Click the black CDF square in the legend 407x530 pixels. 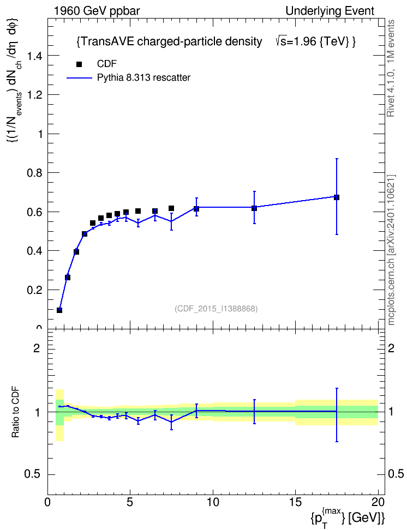(79, 64)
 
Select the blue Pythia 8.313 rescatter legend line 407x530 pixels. (80, 78)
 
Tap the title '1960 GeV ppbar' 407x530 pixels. (97, 11)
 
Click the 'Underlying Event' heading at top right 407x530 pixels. (330, 11)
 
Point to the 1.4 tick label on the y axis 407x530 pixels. (34, 56)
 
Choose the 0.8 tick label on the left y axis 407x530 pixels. (34, 173)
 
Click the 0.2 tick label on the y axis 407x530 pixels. (34, 290)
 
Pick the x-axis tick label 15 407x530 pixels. (295, 502)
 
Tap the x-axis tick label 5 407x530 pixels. (130, 502)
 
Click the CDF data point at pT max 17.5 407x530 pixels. (337, 197)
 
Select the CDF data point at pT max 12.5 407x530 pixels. (254, 208)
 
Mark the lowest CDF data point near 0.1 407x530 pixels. (59, 310)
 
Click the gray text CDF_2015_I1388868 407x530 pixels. (216, 309)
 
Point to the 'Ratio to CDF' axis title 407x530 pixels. (15, 413)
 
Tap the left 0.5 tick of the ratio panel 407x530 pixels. (33, 474)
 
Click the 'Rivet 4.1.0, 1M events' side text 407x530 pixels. (391, 68)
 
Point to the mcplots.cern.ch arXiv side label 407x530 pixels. (391, 250)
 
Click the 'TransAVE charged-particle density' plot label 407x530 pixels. (170, 41)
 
